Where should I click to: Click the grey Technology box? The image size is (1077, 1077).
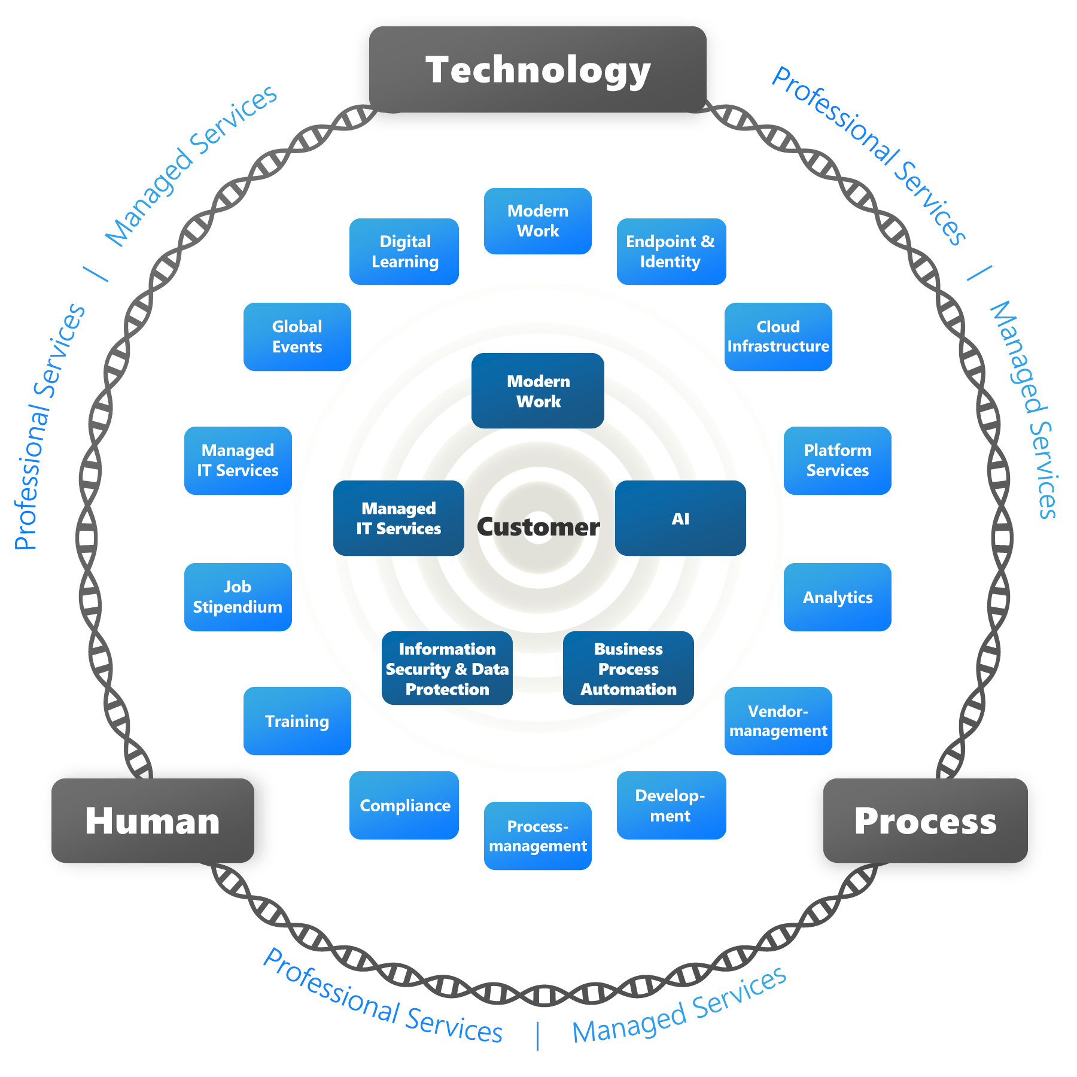coord(537,69)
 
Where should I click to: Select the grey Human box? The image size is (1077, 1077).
coord(153,820)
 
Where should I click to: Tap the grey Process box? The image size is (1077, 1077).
coord(925,820)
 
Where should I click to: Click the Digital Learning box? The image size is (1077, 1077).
coord(404,251)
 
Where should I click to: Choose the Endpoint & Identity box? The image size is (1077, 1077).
coord(671,251)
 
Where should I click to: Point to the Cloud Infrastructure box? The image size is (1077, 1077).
coord(778,336)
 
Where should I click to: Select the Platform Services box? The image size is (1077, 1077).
coord(837,460)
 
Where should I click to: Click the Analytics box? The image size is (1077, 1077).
coord(837,597)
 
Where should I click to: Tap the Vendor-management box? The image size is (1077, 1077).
coord(778,720)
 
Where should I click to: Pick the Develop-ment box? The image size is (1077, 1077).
coord(671,805)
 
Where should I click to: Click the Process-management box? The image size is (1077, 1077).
coord(537,835)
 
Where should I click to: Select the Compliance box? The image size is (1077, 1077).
coord(404,805)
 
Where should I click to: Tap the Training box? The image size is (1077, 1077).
coord(297,720)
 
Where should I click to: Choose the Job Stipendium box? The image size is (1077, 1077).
coord(238,597)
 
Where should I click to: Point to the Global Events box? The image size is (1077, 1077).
coord(297,336)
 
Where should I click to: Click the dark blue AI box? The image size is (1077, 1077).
coord(680,518)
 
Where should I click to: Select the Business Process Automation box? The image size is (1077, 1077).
coord(628,668)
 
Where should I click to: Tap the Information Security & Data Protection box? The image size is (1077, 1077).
coord(447,668)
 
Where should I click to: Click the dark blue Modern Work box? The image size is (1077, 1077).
coord(537,391)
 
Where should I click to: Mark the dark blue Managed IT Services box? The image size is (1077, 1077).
coord(398,518)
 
